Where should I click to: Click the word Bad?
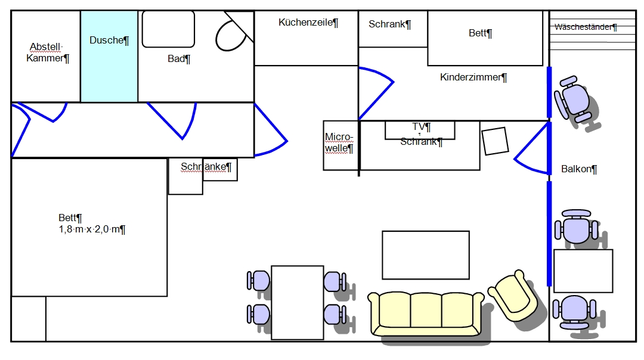[x=178, y=58]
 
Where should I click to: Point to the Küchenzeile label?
[x=308, y=23]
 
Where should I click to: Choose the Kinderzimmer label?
[x=473, y=77]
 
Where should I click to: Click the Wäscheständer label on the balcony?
[x=586, y=27]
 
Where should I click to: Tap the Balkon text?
[x=579, y=169]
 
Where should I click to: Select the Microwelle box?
[x=340, y=145]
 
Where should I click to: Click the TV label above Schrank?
[x=421, y=127]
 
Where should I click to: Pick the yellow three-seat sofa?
[x=426, y=312]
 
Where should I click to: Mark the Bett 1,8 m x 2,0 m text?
[x=92, y=224]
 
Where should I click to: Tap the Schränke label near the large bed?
[x=206, y=167]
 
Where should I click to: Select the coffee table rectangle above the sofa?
[x=425, y=255]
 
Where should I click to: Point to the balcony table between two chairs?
[x=583, y=271]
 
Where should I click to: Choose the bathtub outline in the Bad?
[x=168, y=29]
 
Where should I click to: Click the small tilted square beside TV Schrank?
[x=495, y=141]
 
